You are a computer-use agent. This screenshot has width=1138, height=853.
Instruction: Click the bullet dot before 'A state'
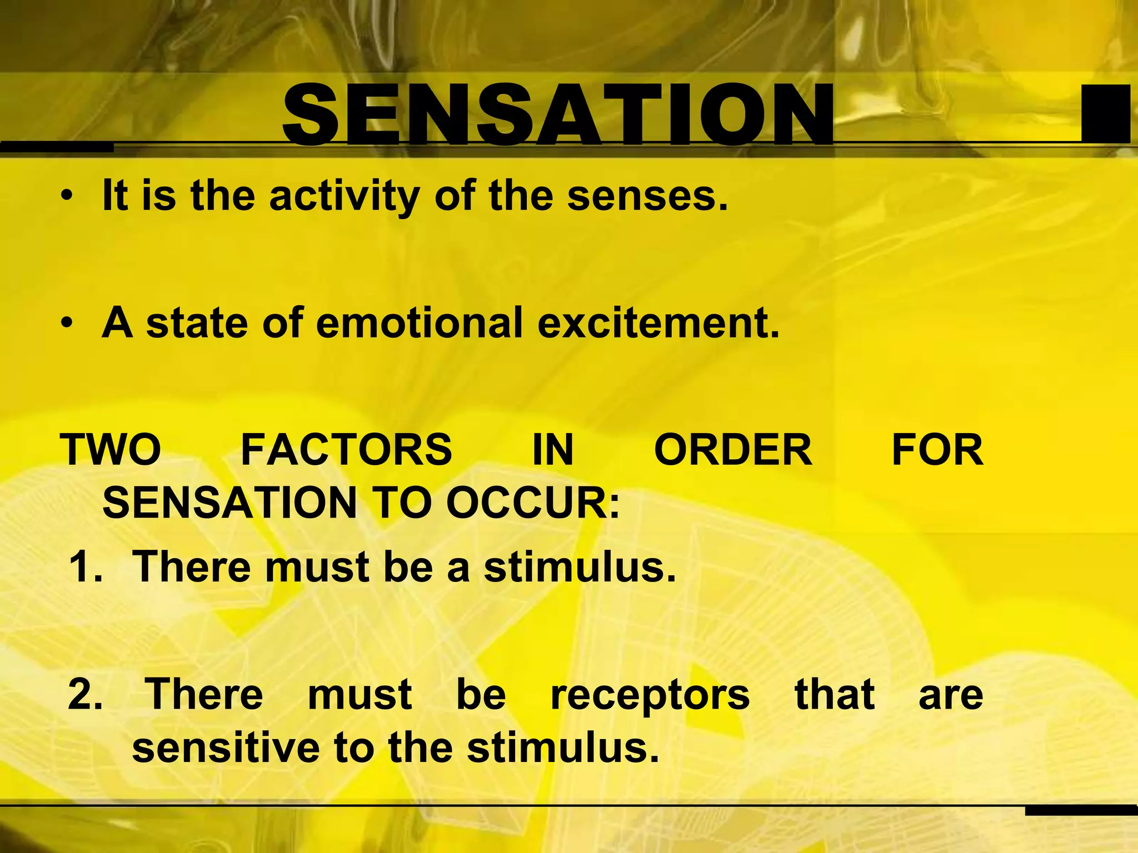pos(67,323)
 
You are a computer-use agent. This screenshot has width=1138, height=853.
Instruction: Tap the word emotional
pos(419,323)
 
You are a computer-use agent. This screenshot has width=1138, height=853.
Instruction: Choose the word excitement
pos(658,323)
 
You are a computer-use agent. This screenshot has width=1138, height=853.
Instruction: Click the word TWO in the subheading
pos(111,450)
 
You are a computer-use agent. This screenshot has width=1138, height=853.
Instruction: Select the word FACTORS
pos(346,450)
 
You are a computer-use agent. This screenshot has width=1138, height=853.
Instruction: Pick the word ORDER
pos(732,450)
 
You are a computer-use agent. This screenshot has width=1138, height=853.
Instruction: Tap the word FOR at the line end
pos(937,450)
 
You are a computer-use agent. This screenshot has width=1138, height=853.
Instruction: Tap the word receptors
pos(650,695)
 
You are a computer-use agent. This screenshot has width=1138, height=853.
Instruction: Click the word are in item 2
pos(951,695)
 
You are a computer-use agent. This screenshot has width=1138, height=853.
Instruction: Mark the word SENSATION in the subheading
pos(229,503)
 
